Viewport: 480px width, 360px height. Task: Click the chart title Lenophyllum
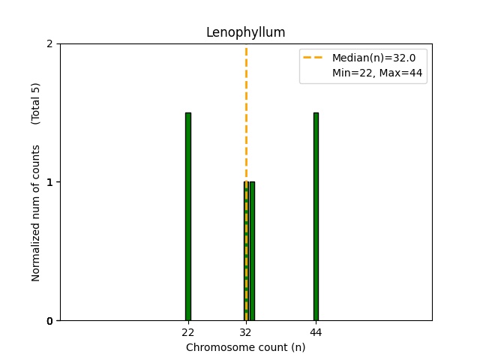(245, 32)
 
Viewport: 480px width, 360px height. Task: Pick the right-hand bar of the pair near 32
(252, 251)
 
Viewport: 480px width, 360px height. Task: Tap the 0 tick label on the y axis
(50, 321)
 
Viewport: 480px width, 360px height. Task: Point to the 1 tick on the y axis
(50, 182)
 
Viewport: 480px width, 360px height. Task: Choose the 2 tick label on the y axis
(50, 43)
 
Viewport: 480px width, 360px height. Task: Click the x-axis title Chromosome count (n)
(245, 347)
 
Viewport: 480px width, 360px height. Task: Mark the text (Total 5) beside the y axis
(36, 103)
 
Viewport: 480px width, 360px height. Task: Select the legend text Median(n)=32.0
(368, 58)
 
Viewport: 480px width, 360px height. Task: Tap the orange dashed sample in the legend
(315, 58)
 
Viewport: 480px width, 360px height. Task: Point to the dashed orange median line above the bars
(246, 112)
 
